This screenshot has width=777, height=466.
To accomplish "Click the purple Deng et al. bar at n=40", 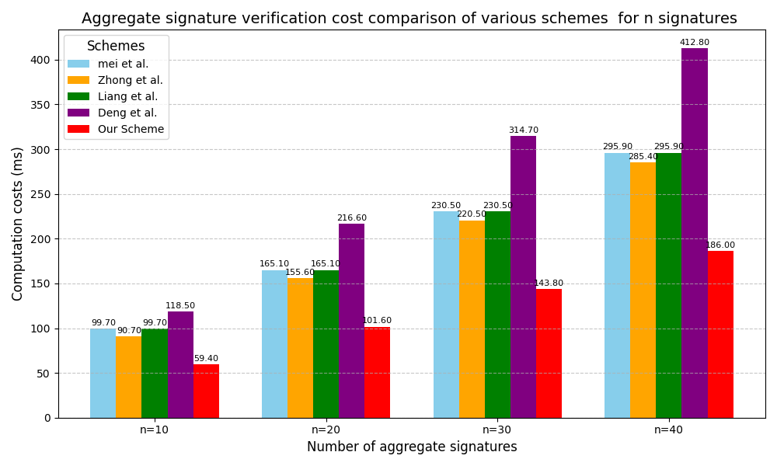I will (x=694, y=233).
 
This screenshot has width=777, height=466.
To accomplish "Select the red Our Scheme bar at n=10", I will (x=206, y=391).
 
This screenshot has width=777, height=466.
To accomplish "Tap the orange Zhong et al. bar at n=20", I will (x=300, y=348).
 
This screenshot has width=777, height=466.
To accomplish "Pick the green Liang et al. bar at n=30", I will (x=497, y=315).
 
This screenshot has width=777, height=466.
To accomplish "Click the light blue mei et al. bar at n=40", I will (x=617, y=285).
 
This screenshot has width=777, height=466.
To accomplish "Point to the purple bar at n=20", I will (x=351, y=321).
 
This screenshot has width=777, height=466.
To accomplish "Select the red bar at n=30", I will (x=549, y=353).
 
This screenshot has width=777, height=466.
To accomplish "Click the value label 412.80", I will (x=694, y=43).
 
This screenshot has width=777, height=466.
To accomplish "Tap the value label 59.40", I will (x=206, y=359).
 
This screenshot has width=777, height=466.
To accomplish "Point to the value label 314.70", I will (x=523, y=130).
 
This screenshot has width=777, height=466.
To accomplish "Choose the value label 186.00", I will (x=720, y=245).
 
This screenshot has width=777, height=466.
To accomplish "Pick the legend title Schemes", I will (x=116, y=47).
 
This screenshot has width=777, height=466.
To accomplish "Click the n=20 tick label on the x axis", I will (x=326, y=429).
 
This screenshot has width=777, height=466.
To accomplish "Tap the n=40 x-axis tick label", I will (x=668, y=429).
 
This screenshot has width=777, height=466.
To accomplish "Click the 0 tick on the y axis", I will (x=47, y=418).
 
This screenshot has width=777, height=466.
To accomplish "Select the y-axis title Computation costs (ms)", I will (x=18, y=224).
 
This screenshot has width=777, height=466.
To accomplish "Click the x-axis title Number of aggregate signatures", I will (x=412, y=447).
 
